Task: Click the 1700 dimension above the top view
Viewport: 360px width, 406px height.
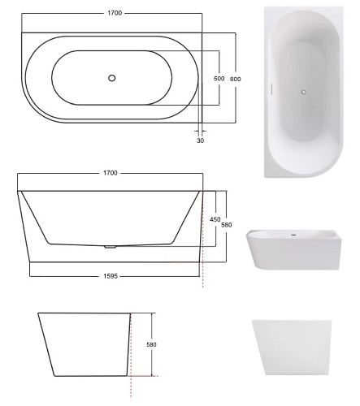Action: (x=115, y=13)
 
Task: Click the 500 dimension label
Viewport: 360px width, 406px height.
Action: (x=219, y=79)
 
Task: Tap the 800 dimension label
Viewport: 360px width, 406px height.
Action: (x=235, y=79)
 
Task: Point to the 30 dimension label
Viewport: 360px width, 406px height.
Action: (x=200, y=140)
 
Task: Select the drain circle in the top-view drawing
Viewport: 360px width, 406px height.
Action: (x=112, y=78)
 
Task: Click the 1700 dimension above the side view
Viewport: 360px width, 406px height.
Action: (x=111, y=173)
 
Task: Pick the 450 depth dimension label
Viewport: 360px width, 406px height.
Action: (x=215, y=219)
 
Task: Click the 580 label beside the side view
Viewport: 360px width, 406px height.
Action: (x=227, y=225)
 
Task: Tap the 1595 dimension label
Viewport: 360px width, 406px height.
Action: (x=111, y=276)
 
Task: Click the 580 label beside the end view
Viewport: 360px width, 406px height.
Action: (x=151, y=345)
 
